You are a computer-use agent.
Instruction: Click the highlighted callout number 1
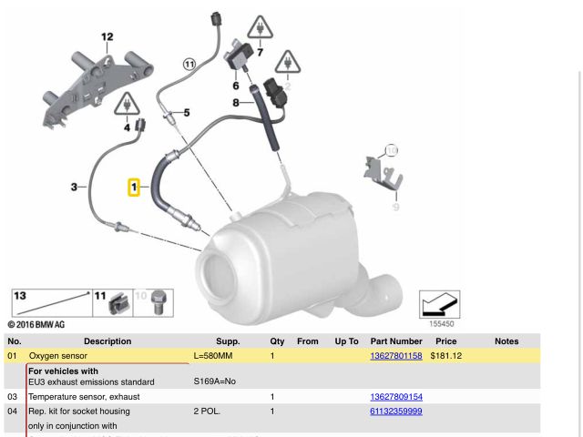point(133,188)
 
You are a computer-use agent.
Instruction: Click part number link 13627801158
point(395,355)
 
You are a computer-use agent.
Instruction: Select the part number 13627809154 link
point(395,397)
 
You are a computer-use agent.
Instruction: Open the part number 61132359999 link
point(395,412)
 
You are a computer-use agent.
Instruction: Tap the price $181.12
point(445,355)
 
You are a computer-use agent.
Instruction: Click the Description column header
point(107,341)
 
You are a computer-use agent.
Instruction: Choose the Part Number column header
point(396,341)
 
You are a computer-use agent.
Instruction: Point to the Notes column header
point(506,341)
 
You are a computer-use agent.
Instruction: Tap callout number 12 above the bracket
point(107,37)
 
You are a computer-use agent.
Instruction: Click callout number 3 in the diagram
point(73,188)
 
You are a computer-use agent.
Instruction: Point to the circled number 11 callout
point(189,64)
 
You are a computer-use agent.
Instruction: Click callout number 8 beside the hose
point(235,103)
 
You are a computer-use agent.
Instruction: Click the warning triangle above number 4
point(124,106)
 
